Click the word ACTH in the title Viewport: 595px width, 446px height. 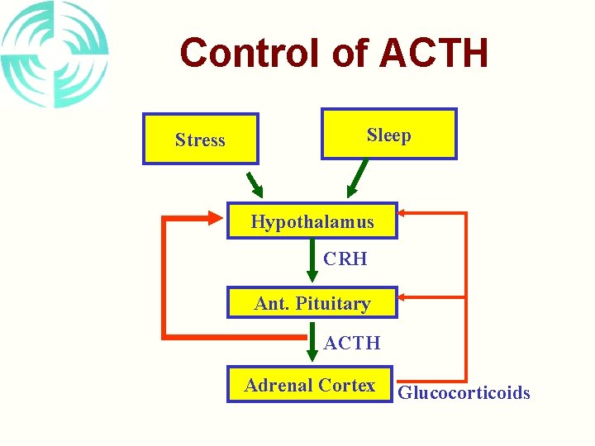[x=433, y=53]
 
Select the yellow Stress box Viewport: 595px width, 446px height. [x=200, y=139]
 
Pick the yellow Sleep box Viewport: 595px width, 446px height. [x=388, y=134]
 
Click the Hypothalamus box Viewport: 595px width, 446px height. [x=312, y=221]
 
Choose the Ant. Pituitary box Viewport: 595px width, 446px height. [x=312, y=303]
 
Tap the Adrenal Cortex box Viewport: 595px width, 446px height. [x=310, y=385]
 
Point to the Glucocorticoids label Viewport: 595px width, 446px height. [x=464, y=392]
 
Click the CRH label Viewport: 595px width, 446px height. [x=345, y=259]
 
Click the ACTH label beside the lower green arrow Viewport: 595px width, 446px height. [x=352, y=342]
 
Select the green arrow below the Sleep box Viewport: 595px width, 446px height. [x=357, y=178]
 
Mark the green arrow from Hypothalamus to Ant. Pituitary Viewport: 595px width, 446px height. [x=312, y=263]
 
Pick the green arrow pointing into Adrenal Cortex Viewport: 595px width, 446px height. [x=312, y=344]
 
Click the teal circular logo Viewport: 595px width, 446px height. [x=55, y=55]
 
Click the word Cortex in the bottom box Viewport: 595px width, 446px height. [x=348, y=385]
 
